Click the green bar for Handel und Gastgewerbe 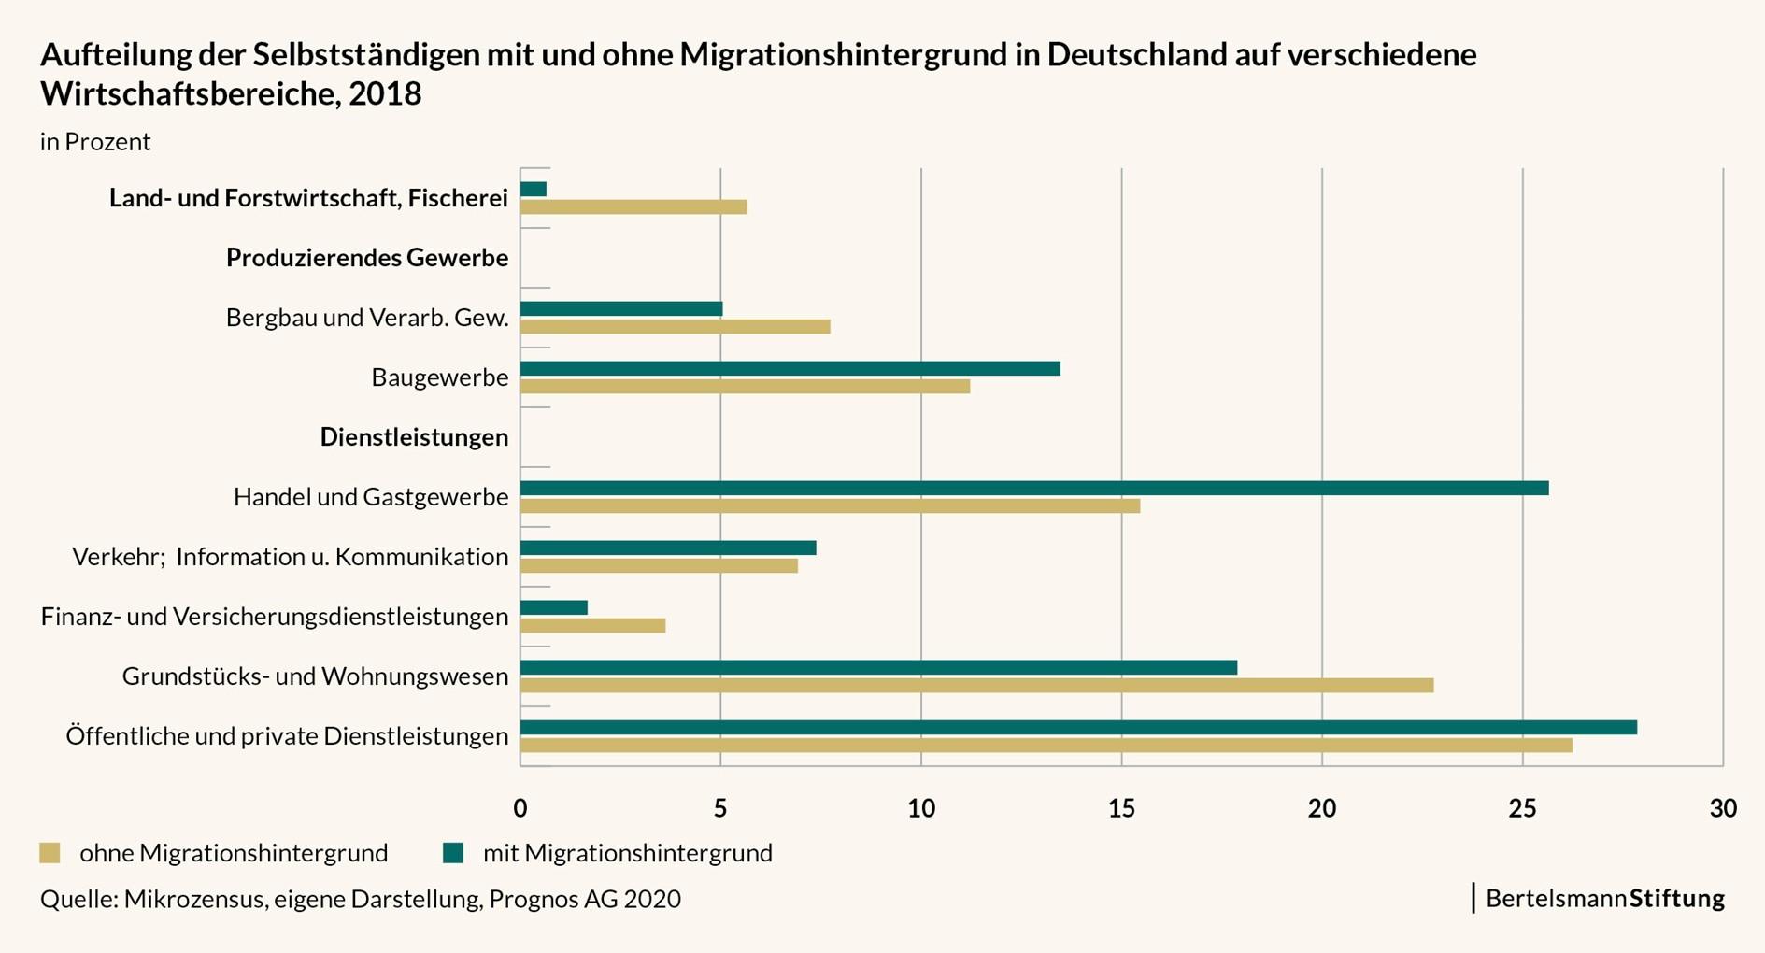[1033, 488]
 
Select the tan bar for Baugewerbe [745, 386]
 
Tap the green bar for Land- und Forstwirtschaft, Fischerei [533, 190]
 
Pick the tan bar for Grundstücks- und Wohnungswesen [976, 685]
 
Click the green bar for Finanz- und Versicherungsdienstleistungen [553, 607]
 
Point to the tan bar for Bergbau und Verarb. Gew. [675, 326]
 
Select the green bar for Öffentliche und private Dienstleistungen [1078, 727]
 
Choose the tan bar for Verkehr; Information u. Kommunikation [659, 565]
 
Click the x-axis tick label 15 [1121, 809]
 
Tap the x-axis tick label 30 [1722, 809]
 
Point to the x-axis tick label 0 [520, 809]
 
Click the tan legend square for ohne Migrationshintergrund [50, 853]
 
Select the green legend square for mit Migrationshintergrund [453, 853]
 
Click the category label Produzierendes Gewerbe [367, 258]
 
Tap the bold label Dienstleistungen [414, 437]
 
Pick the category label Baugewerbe [439, 377]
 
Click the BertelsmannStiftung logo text [1604, 899]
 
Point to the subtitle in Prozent [95, 142]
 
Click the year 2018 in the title [385, 94]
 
